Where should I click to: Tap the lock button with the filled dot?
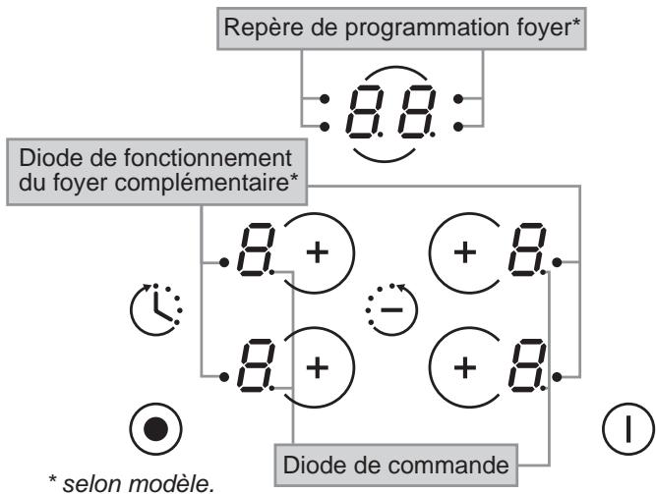152,430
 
